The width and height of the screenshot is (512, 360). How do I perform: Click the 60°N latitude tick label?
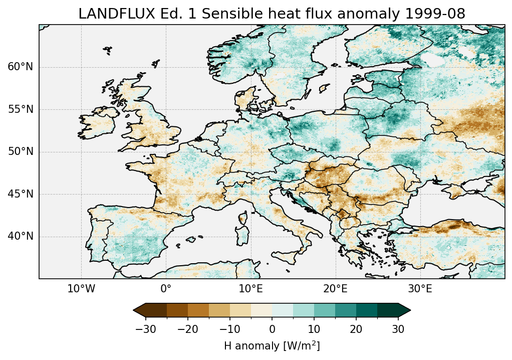20,67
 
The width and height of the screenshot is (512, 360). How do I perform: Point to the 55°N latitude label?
20,109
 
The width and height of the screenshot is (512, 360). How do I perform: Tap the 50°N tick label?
20,152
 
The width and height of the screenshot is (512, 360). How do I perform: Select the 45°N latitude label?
20,194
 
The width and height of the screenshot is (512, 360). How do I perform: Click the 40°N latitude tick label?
20,236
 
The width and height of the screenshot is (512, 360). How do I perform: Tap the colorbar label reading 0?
272,329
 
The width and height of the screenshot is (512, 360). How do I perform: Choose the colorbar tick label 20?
356,329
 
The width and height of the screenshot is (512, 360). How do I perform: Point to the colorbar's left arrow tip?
134,311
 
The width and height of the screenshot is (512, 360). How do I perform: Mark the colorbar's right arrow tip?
410,311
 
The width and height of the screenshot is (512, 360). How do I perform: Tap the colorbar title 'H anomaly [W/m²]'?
272,345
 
